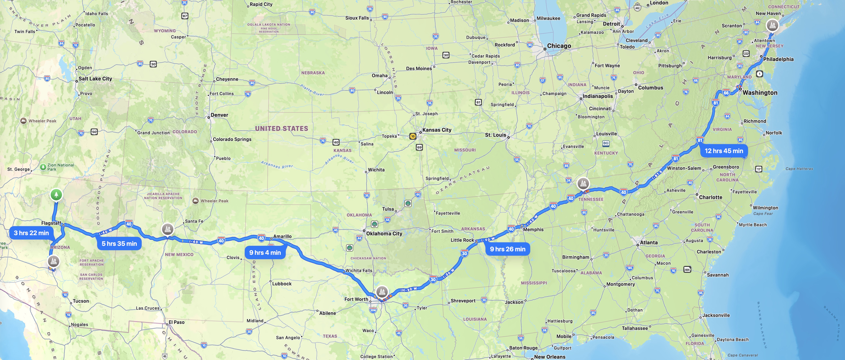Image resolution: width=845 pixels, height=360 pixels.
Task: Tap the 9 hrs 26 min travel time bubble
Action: pos(508,249)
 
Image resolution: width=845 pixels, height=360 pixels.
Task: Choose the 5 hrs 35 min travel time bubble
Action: pos(119,243)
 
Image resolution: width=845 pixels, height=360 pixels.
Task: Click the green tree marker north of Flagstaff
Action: pos(56,195)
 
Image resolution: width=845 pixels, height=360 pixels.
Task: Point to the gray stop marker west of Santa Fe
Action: pos(168,229)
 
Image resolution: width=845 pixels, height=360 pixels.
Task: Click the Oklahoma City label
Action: pos(384,234)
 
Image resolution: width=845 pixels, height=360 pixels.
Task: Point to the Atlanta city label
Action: pos(649,242)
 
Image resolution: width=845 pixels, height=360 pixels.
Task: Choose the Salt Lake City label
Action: pos(95,79)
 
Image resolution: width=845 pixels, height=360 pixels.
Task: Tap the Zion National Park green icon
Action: pos(43,167)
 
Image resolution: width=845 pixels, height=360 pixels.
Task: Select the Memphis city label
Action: pos(533,230)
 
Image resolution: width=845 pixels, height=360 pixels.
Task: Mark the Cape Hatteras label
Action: pos(799,169)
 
